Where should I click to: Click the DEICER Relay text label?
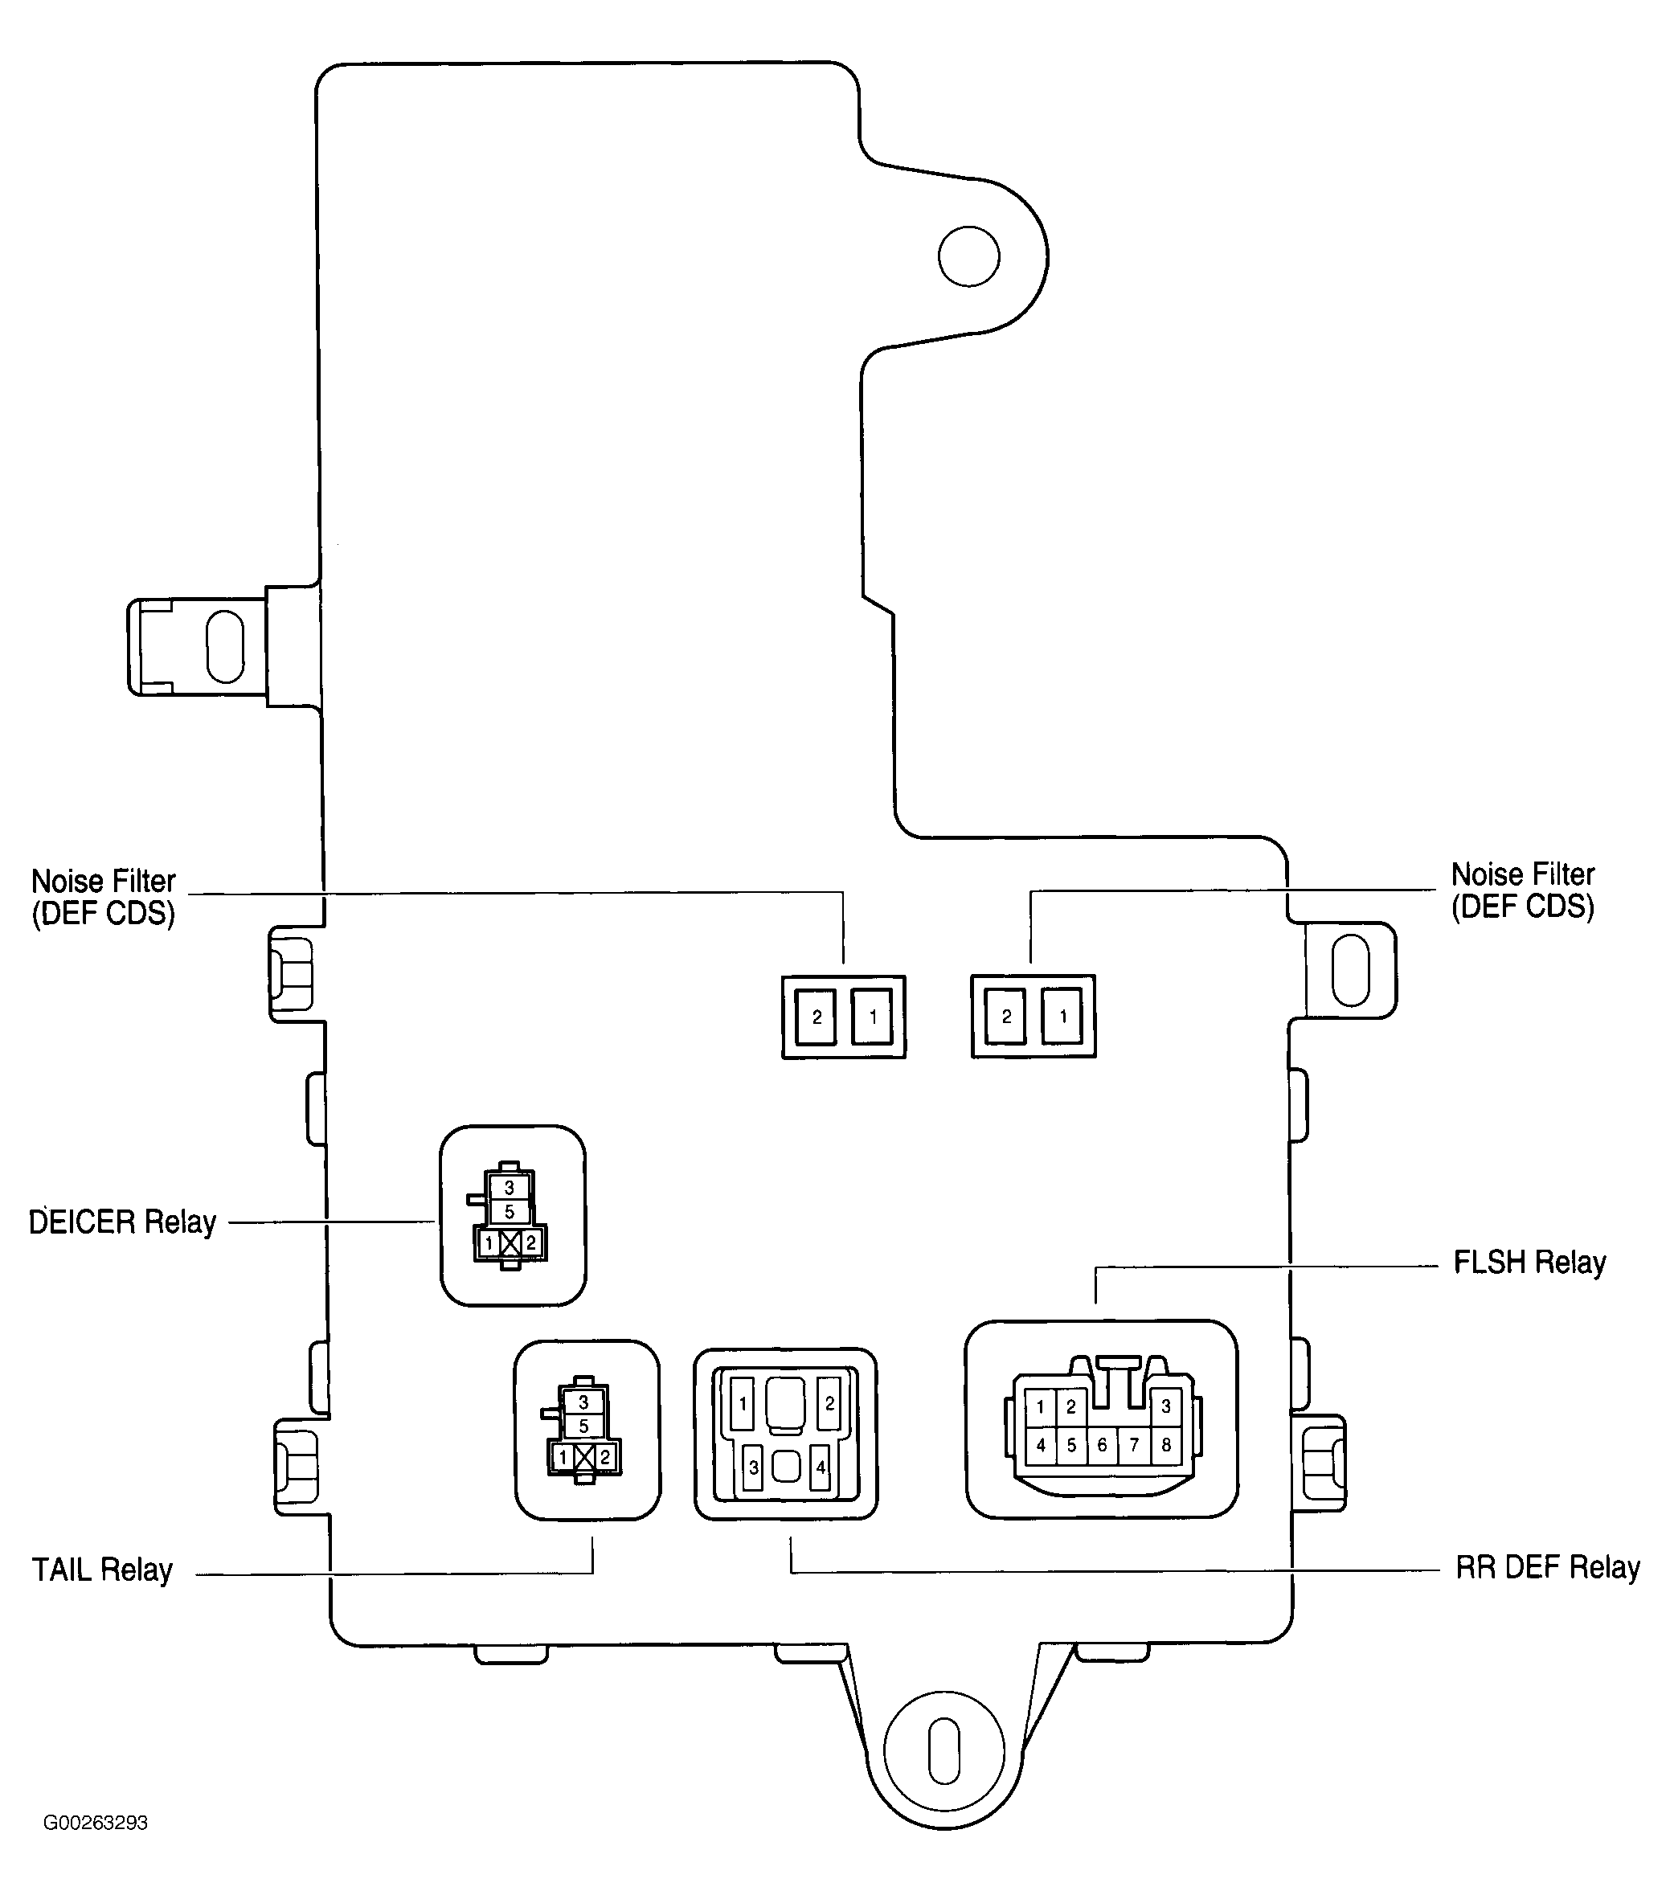122,1222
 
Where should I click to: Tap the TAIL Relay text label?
102,1570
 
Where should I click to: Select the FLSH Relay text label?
1529,1262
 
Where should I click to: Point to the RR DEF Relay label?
1547,1567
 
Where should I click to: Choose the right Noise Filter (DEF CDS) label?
1522,890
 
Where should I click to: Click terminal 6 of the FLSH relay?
1101,1445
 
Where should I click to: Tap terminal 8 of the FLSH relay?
1166,1445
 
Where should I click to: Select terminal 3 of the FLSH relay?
1166,1406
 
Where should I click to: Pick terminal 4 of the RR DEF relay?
820,1467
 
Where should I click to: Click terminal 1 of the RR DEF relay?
743,1404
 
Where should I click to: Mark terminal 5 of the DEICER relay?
509,1212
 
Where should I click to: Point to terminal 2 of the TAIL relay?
605,1457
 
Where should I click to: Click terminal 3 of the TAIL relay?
583,1402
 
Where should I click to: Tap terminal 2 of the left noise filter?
817,1017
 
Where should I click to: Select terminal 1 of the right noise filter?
1063,1017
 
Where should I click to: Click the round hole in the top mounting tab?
968,256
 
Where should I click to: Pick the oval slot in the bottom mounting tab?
943,1750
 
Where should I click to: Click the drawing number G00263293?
96,1823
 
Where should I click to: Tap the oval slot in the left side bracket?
225,646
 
